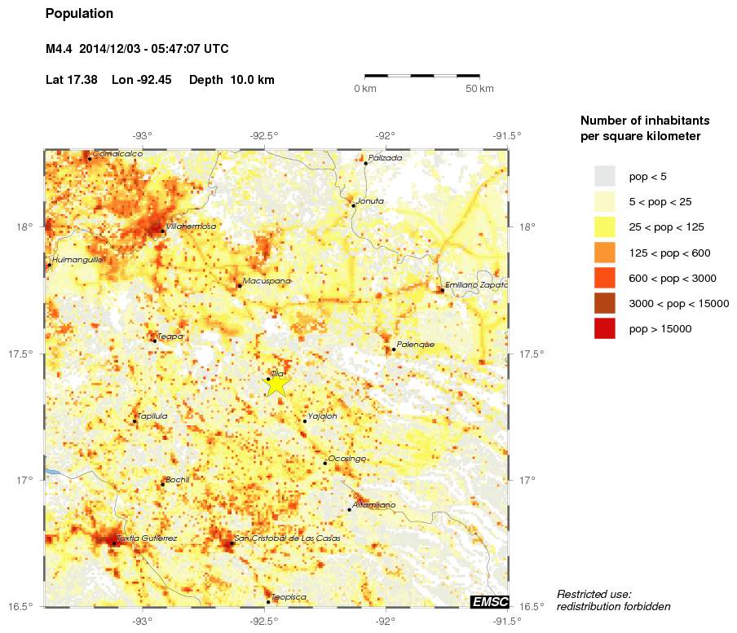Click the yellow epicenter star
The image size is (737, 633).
pos(277,382)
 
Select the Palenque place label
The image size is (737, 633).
pos(416,345)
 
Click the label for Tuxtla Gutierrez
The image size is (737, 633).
pos(147,538)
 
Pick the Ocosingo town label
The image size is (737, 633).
pos(346,459)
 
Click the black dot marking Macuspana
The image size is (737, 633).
pos(239,285)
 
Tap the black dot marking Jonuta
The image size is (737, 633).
pos(353,205)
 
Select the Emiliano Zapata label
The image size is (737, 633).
pos(477,285)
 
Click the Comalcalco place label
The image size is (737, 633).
pos(117,153)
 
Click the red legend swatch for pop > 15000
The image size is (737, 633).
pos(604,329)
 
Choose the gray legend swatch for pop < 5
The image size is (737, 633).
pos(604,176)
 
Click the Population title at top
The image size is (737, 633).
pos(80,14)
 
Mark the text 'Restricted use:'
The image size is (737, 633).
pos(594,594)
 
